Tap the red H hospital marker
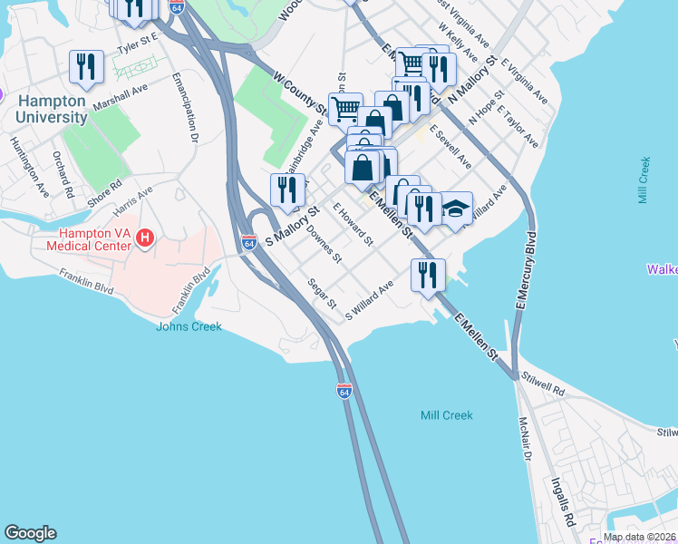tap(143, 238)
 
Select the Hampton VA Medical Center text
tap(86, 238)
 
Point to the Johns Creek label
tap(189, 326)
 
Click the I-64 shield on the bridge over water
tap(344, 391)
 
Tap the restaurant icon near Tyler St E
tap(87, 66)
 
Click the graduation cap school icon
tap(456, 209)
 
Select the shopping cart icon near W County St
tap(345, 110)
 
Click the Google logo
tap(30, 533)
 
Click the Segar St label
tap(321, 292)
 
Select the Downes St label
tap(324, 244)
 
